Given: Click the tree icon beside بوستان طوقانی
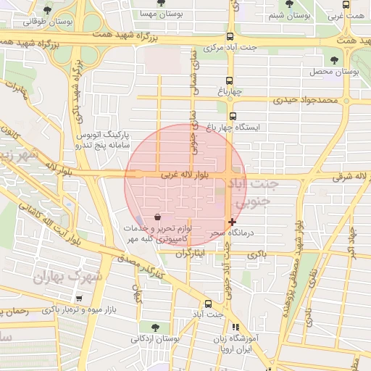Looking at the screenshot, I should (47, 10).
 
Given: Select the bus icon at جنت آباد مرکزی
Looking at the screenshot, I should (230, 38).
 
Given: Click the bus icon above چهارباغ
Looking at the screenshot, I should (229, 80).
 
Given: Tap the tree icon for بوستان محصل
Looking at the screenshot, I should (334, 60).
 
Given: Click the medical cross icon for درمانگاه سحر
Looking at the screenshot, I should (232, 222).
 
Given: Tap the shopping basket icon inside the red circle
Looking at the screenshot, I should (157, 216).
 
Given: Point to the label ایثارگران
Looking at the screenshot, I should (193, 253).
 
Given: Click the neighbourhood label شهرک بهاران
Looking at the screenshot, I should (70, 276).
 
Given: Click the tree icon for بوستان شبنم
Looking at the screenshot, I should (289, 4).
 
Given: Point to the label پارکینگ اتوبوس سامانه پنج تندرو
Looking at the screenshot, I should (103, 140).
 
